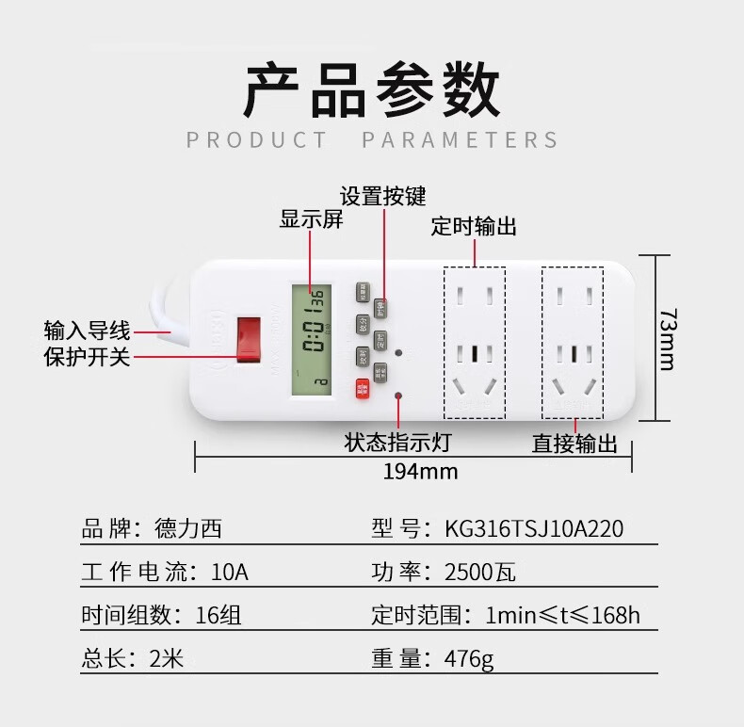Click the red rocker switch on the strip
(249, 339)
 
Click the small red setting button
(363, 389)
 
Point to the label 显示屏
(311, 220)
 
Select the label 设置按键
(383, 196)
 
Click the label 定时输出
(474, 226)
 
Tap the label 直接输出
(574, 444)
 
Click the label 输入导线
(87, 331)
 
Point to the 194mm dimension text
(420, 471)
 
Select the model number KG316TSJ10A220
(534, 528)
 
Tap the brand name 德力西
(188, 528)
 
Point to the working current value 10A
(230, 572)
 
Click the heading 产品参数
(371, 91)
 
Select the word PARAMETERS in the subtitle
(461, 140)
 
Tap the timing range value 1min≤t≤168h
(562, 616)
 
